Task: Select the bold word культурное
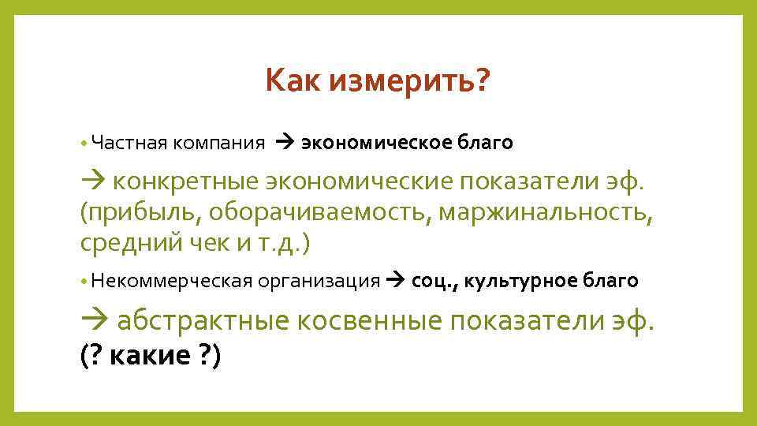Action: pos(526,280)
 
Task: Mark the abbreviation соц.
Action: pos(428,280)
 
